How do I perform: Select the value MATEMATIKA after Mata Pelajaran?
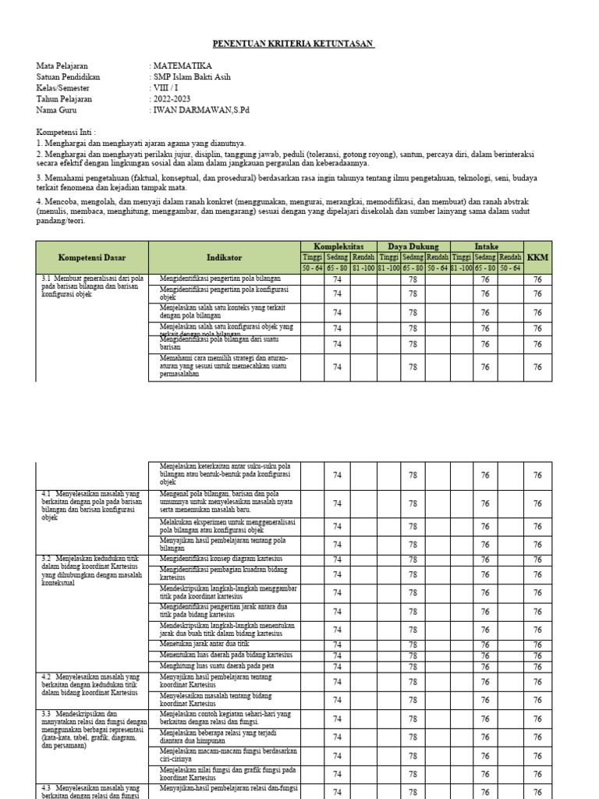pos(182,66)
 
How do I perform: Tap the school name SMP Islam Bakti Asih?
pos(192,77)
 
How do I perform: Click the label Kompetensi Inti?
pos(71,133)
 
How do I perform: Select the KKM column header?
pos(537,257)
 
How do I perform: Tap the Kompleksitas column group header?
pos(338,247)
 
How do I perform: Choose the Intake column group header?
pos(487,247)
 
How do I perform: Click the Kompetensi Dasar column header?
pos(92,257)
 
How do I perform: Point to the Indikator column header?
pos(224,257)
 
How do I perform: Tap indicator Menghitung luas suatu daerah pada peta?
pos(218,666)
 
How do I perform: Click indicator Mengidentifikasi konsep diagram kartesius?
pos(221,559)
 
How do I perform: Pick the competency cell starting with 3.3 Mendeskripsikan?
pos(92,730)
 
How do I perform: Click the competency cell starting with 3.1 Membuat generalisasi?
pos(92,287)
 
